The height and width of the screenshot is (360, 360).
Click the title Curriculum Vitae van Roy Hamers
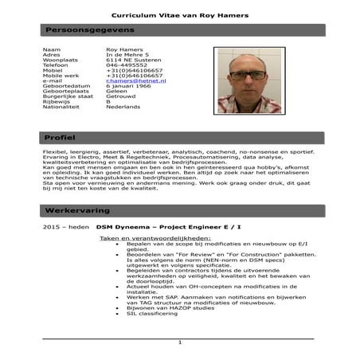[x=180, y=15]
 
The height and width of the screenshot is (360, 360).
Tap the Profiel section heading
[x=61, y=138]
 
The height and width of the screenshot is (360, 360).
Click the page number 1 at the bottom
[x=180, y=342]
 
